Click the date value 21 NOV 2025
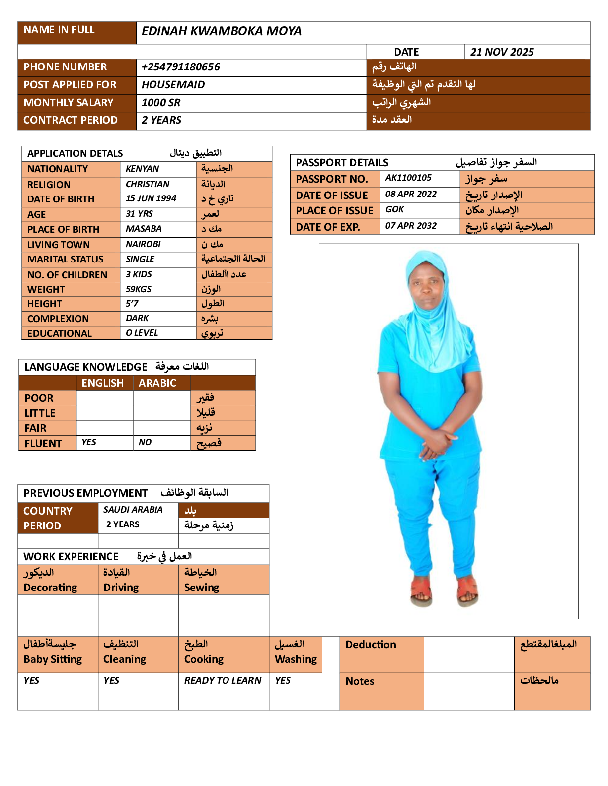click(502, 52)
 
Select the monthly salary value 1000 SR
click(161, 103)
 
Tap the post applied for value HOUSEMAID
click(173, 85)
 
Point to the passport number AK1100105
click(408, 178)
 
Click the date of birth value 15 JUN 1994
click(151, 198)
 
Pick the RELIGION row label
click(49, 185)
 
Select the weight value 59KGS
click(139, 289)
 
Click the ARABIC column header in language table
click(157, 383)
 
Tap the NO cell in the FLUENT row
click(145, 442)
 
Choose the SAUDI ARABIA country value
click(133, 510)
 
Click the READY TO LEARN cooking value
click(223, 680)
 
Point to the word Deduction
click(371, 645)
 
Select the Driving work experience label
click(121, 588)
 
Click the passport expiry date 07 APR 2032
click(411, 226)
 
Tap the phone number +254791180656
click(180, 67)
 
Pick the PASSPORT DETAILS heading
click(342, 163)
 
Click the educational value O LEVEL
click(142, 333)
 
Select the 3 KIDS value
click(139, 274)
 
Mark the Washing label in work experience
click(296, 659)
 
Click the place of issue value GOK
click(394, 209)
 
